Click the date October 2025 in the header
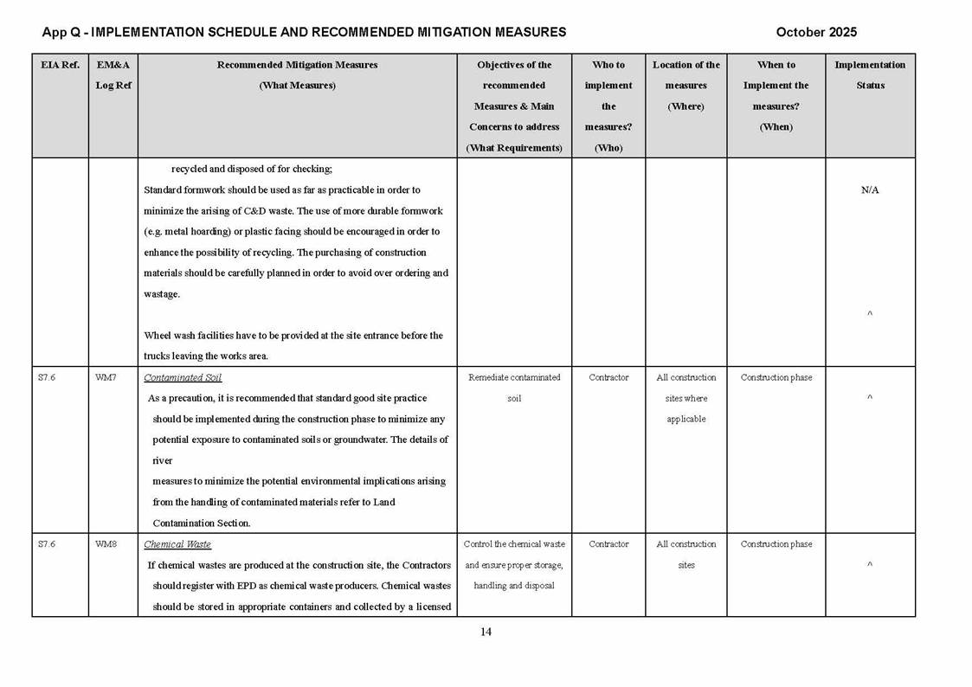pos(816,32)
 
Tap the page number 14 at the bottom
pos(486,632)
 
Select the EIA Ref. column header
pos(60,65)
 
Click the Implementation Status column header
pos(870,75)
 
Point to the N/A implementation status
pos(870,190)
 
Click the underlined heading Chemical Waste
pos(177,545)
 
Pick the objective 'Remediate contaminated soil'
pos(514,388)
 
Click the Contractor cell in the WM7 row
pos(608,378)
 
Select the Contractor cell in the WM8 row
pos(608,545)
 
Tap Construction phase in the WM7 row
pos(776,378)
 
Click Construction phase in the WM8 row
pos(776,545)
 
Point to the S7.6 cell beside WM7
pos(47,378)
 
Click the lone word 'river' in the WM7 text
pos(162,461)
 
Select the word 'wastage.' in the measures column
pos(162,294)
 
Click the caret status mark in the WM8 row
pos(870,566)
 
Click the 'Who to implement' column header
pos(608,106)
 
